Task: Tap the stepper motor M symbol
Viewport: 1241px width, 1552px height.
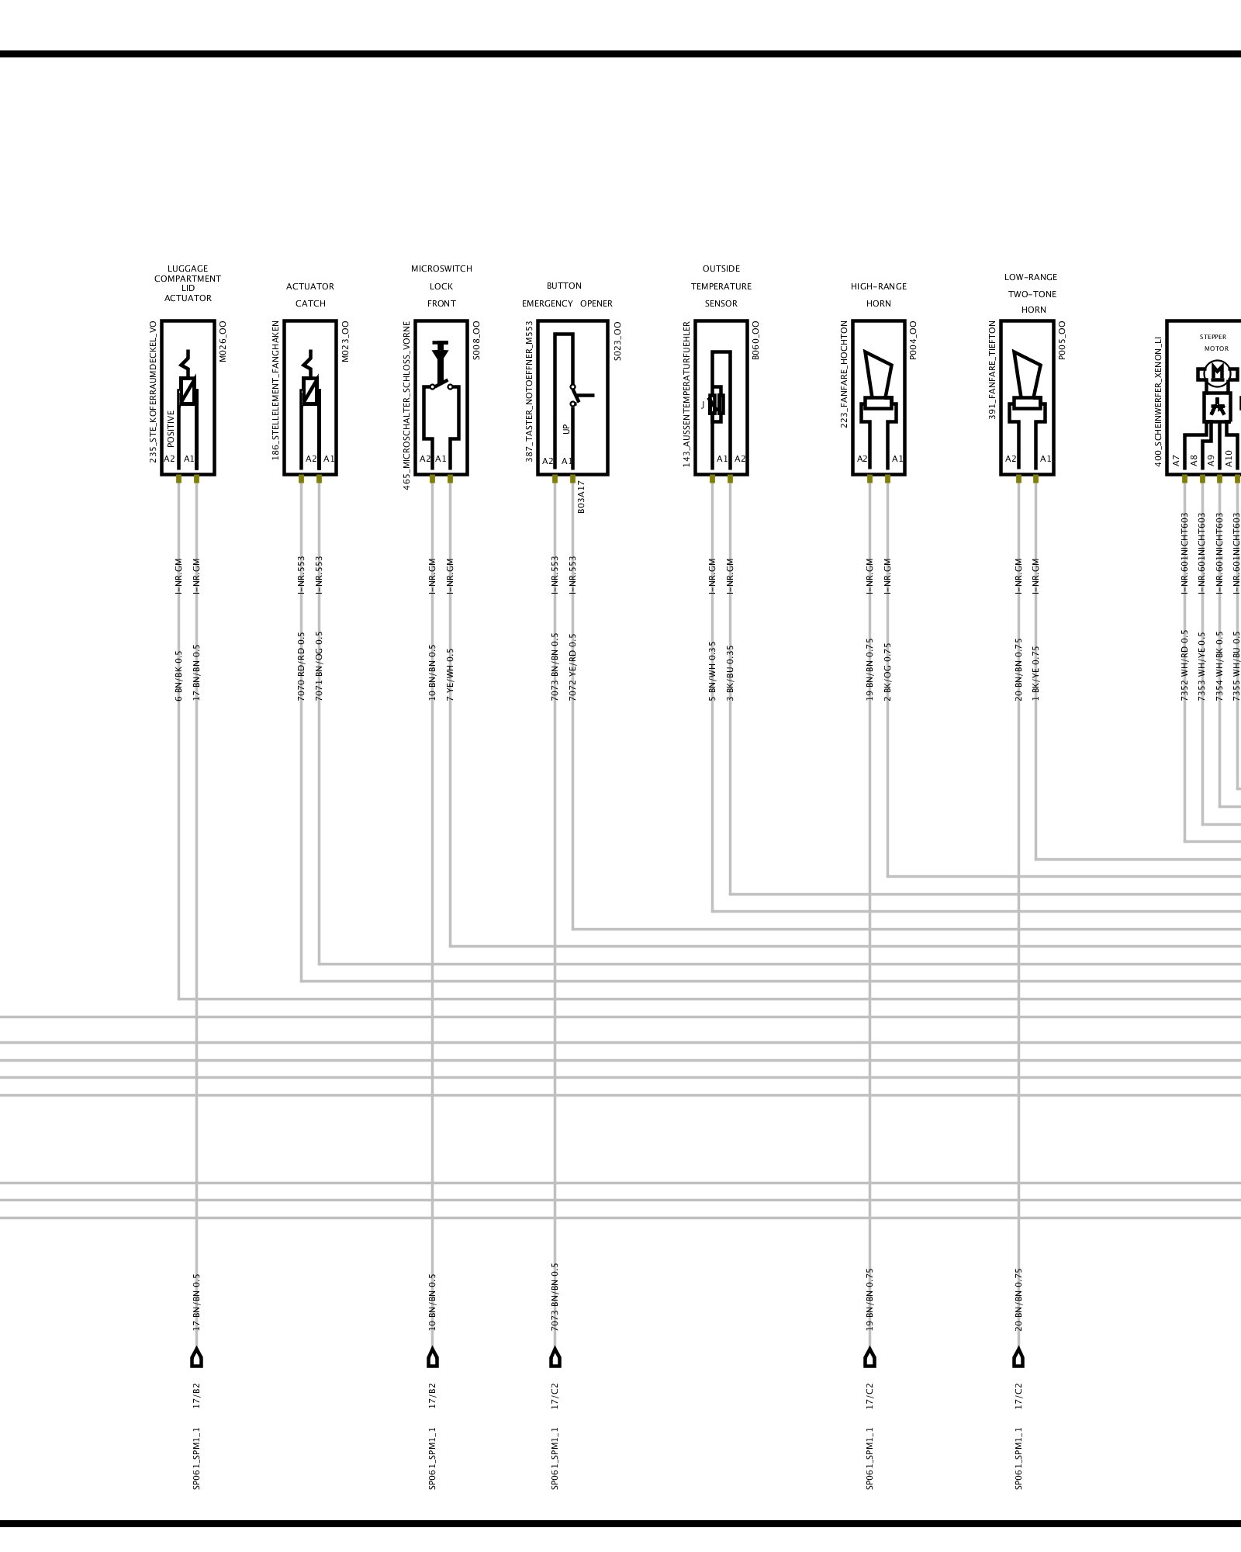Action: [1217, 373]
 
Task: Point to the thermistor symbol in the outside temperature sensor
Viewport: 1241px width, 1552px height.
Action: [717, 404]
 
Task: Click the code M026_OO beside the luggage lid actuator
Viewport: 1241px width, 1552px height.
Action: [223, 341]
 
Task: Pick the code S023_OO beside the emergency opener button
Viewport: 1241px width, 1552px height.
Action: [617, 341]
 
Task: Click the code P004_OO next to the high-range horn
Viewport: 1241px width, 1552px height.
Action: [913, 341]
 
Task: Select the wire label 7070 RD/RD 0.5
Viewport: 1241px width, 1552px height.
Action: [301, 666]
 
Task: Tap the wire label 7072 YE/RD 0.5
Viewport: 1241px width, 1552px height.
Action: [572, 667]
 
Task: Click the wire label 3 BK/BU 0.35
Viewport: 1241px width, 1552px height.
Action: [730, 672]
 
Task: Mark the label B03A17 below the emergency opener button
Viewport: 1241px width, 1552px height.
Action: [582, 497]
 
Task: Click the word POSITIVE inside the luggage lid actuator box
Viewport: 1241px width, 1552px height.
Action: [171, 429]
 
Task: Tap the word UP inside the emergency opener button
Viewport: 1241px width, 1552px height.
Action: [566, 428]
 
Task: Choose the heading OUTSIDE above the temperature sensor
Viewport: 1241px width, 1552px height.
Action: [721, 269]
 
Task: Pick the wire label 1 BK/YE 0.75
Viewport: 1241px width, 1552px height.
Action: [1036, 673]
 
